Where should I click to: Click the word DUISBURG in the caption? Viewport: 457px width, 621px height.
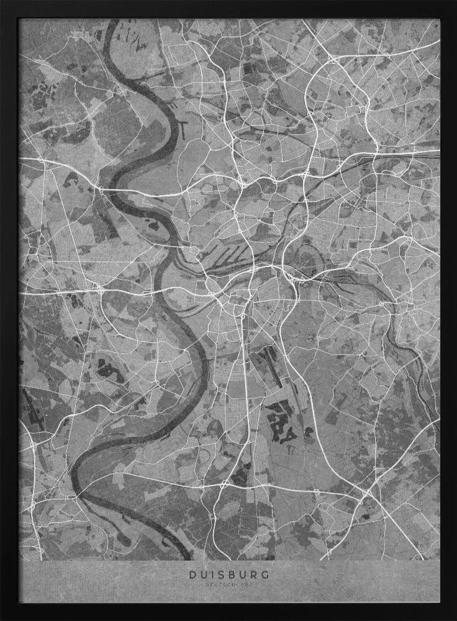(228, 575)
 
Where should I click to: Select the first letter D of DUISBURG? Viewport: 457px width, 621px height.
(192, 575)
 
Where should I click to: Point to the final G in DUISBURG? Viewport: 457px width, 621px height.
(265, 575)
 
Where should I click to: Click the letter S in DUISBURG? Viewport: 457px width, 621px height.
(219, 575)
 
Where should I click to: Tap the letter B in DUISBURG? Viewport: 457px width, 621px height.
(229, 575)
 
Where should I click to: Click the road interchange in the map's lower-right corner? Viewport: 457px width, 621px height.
(367, 494)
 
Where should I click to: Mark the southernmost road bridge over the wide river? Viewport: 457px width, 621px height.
(78, 495)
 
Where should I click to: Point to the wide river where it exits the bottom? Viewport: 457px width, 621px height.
(180, 556)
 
